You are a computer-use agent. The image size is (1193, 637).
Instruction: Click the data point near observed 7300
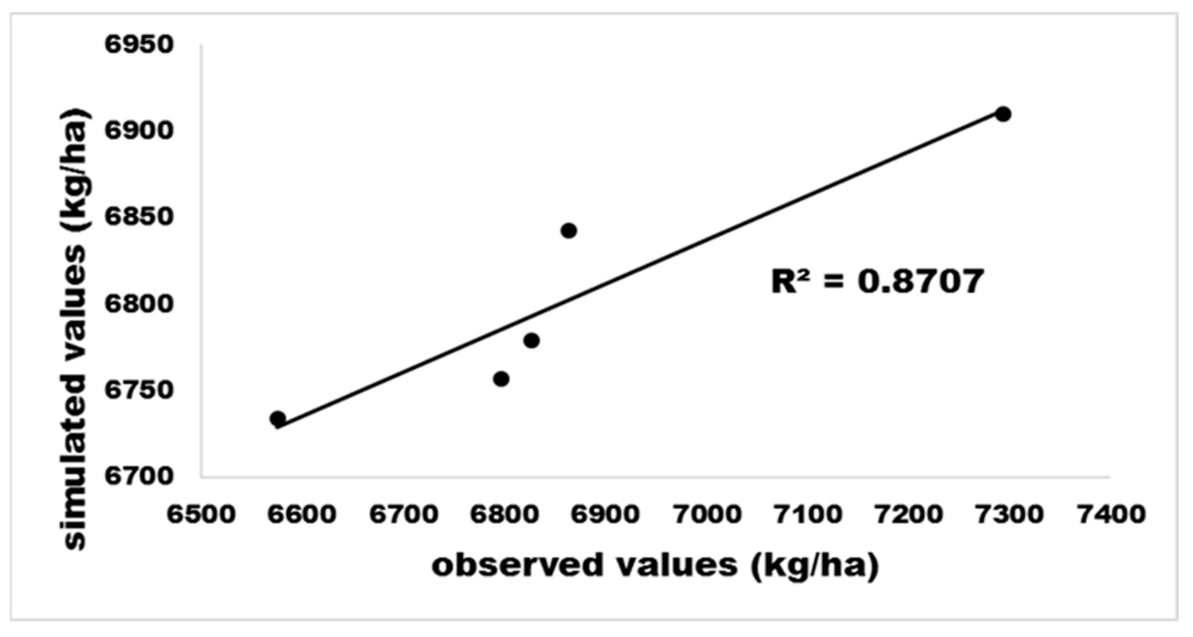tap(1003, 114)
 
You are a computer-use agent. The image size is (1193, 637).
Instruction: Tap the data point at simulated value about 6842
tap(569, 231)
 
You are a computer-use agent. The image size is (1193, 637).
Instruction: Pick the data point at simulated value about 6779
tap(532, 341)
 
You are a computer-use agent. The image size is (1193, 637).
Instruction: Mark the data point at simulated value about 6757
tap(501, 379)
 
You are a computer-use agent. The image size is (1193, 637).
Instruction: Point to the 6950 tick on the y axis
tap(139, 45)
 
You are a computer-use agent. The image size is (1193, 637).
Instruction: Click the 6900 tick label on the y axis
tap(139, 131)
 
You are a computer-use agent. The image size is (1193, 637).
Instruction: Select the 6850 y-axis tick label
tap(139, 217)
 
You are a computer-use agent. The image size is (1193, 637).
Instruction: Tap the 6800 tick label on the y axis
tap(139, 303)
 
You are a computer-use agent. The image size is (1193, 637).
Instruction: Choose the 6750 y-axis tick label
tap(139, 390)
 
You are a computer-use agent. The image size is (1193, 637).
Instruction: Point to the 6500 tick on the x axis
tap(202, 514)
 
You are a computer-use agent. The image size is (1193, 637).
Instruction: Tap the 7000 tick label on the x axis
tap(707, 514)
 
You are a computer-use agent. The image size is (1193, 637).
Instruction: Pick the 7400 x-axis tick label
tap(1112, 514)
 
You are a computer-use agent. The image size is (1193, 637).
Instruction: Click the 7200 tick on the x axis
tap(909, 514)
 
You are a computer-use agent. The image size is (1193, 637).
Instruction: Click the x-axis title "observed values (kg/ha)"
tap(655, 566)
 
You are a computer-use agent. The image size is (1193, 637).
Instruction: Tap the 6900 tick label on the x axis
tap(606, 514)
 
